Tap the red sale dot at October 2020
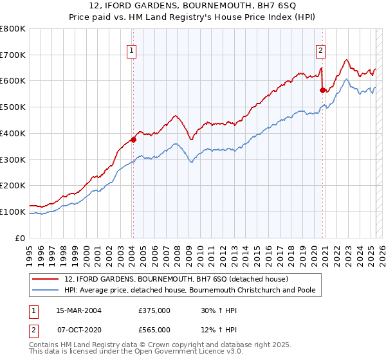pyautogui.click(x=322, y=90)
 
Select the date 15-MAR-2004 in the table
pyautogui.click(x=78, y=310)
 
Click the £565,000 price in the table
pyautogui.click(x=154, y=329)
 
